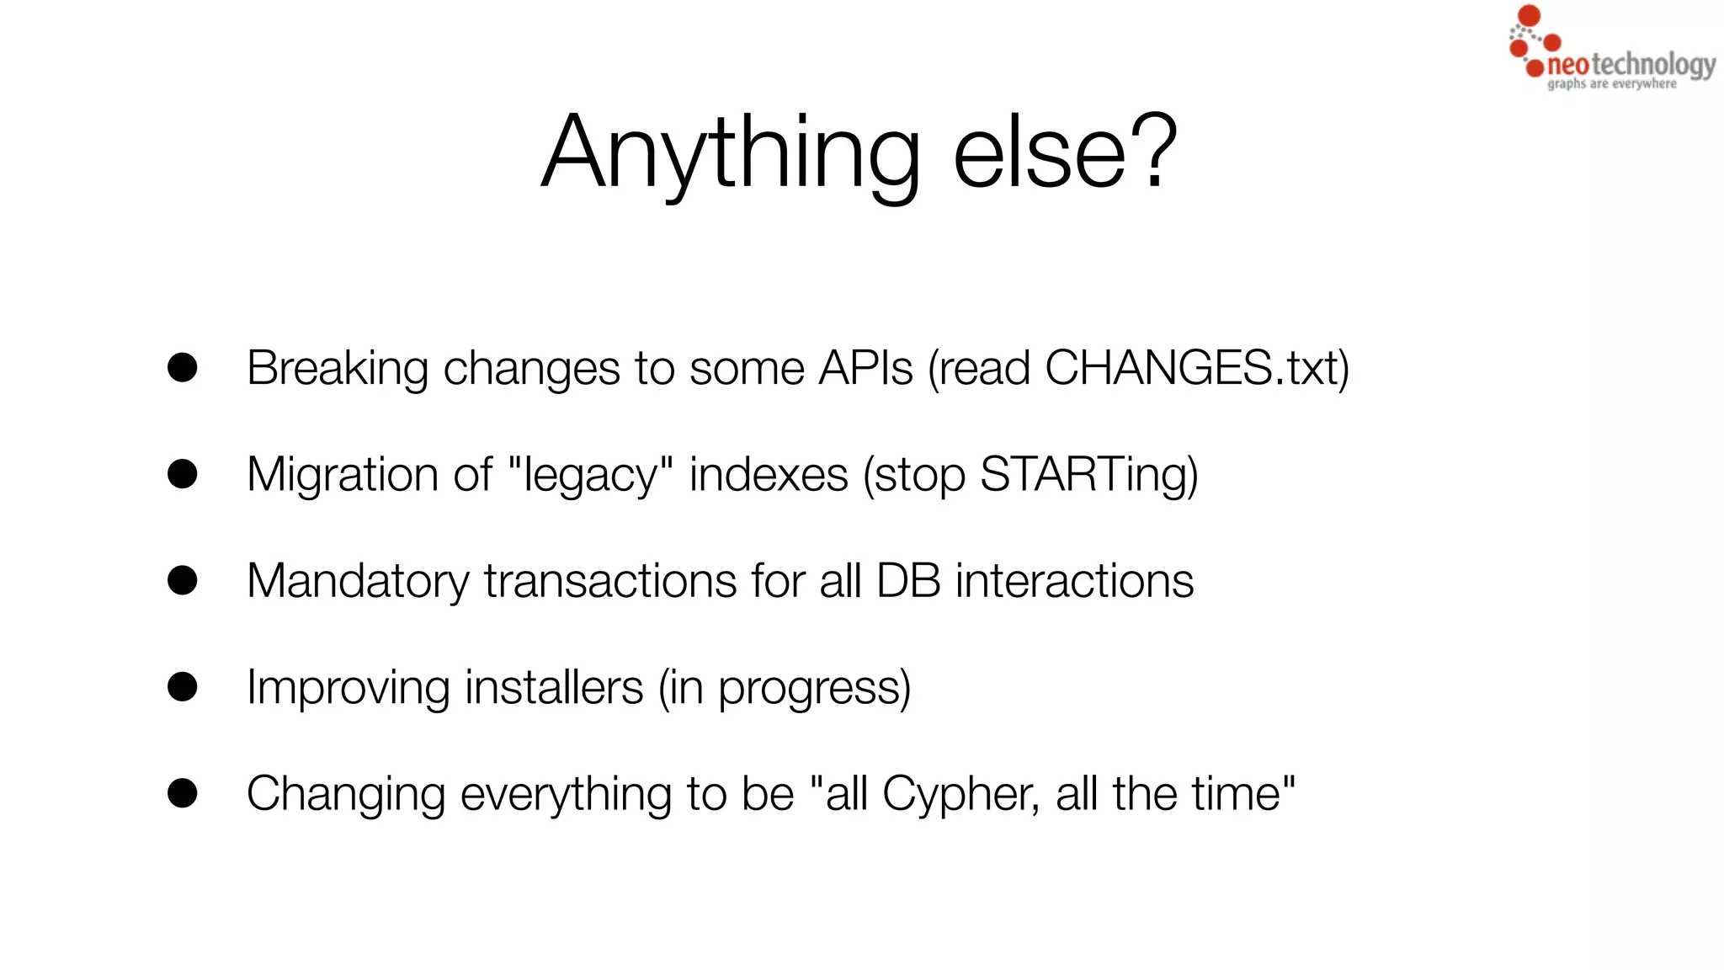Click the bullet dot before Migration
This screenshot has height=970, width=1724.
pos(183,474)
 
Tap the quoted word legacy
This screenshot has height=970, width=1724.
pos(590,474)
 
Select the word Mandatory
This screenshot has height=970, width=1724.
pos(358,581)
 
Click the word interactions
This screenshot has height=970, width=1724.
pos(1074,581)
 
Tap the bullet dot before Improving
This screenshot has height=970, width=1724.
pos(183,687)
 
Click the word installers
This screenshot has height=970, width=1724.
pos(554,687)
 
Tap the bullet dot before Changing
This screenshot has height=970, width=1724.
pos(183,793)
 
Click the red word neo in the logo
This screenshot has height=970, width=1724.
pos(1568,65)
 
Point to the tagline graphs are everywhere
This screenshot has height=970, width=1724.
pos(1611,84)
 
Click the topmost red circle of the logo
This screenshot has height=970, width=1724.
pos(1529,15)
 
